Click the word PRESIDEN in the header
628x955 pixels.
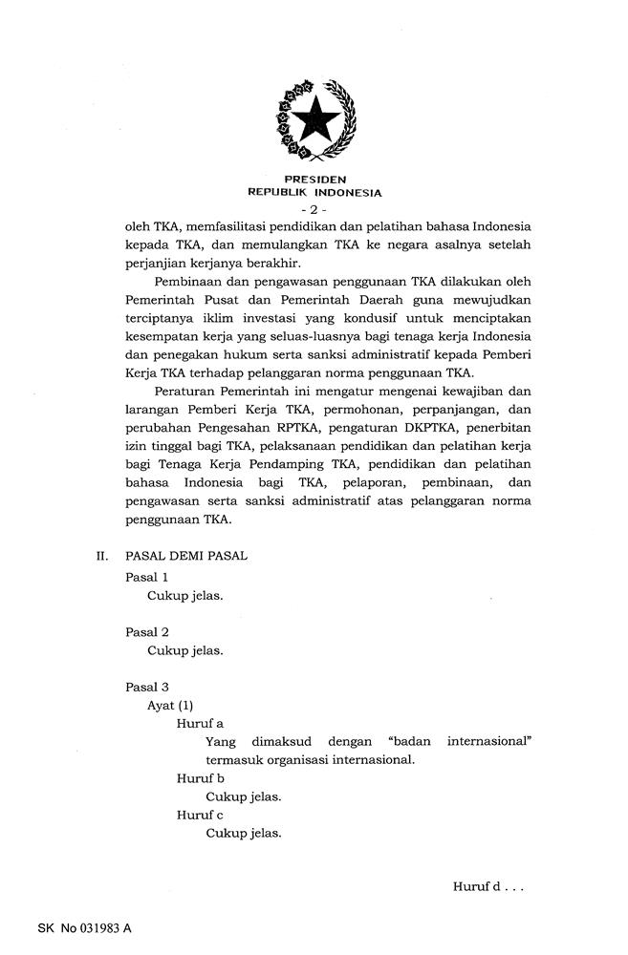(x=314, y=179)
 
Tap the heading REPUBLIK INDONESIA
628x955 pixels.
(x=314, y=192)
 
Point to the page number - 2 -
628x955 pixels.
(x=314, y=208)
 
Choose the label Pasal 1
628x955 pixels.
(x=147, y=577)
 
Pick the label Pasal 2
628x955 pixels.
(x=147, y=632)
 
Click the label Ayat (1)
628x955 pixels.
(x=170, y=705)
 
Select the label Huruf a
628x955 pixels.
(x=200, y=724)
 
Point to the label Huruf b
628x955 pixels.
(x=200, y=778)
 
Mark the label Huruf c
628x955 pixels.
(x=200, y=815)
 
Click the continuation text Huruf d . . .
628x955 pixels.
(x=487, y=887)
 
